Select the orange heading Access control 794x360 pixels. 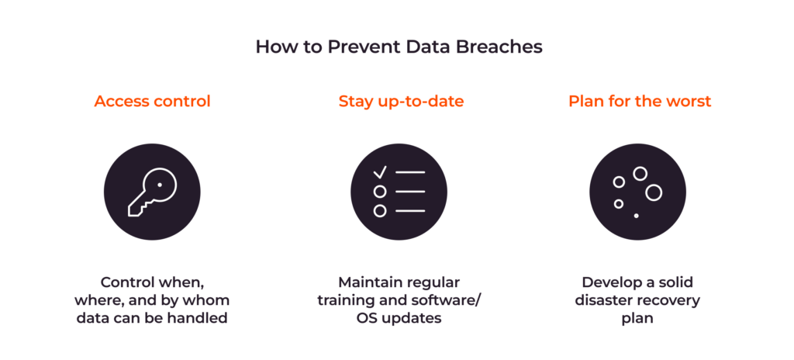point(152,102)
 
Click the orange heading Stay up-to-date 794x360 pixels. point(401,102)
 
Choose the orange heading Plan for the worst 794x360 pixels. point(640,102)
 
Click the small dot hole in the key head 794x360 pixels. point(160,185)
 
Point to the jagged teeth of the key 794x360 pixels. point(137,207)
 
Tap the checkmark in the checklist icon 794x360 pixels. point(380,171)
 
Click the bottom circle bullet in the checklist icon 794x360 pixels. point(380,211)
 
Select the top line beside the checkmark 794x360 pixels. point(410,172)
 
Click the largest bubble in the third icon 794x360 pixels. point(654,192)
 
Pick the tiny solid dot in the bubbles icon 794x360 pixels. point(637,215)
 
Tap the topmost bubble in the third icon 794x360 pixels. point(640,174)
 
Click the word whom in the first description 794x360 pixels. point(209,300)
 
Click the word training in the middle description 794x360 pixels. point(346,300)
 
